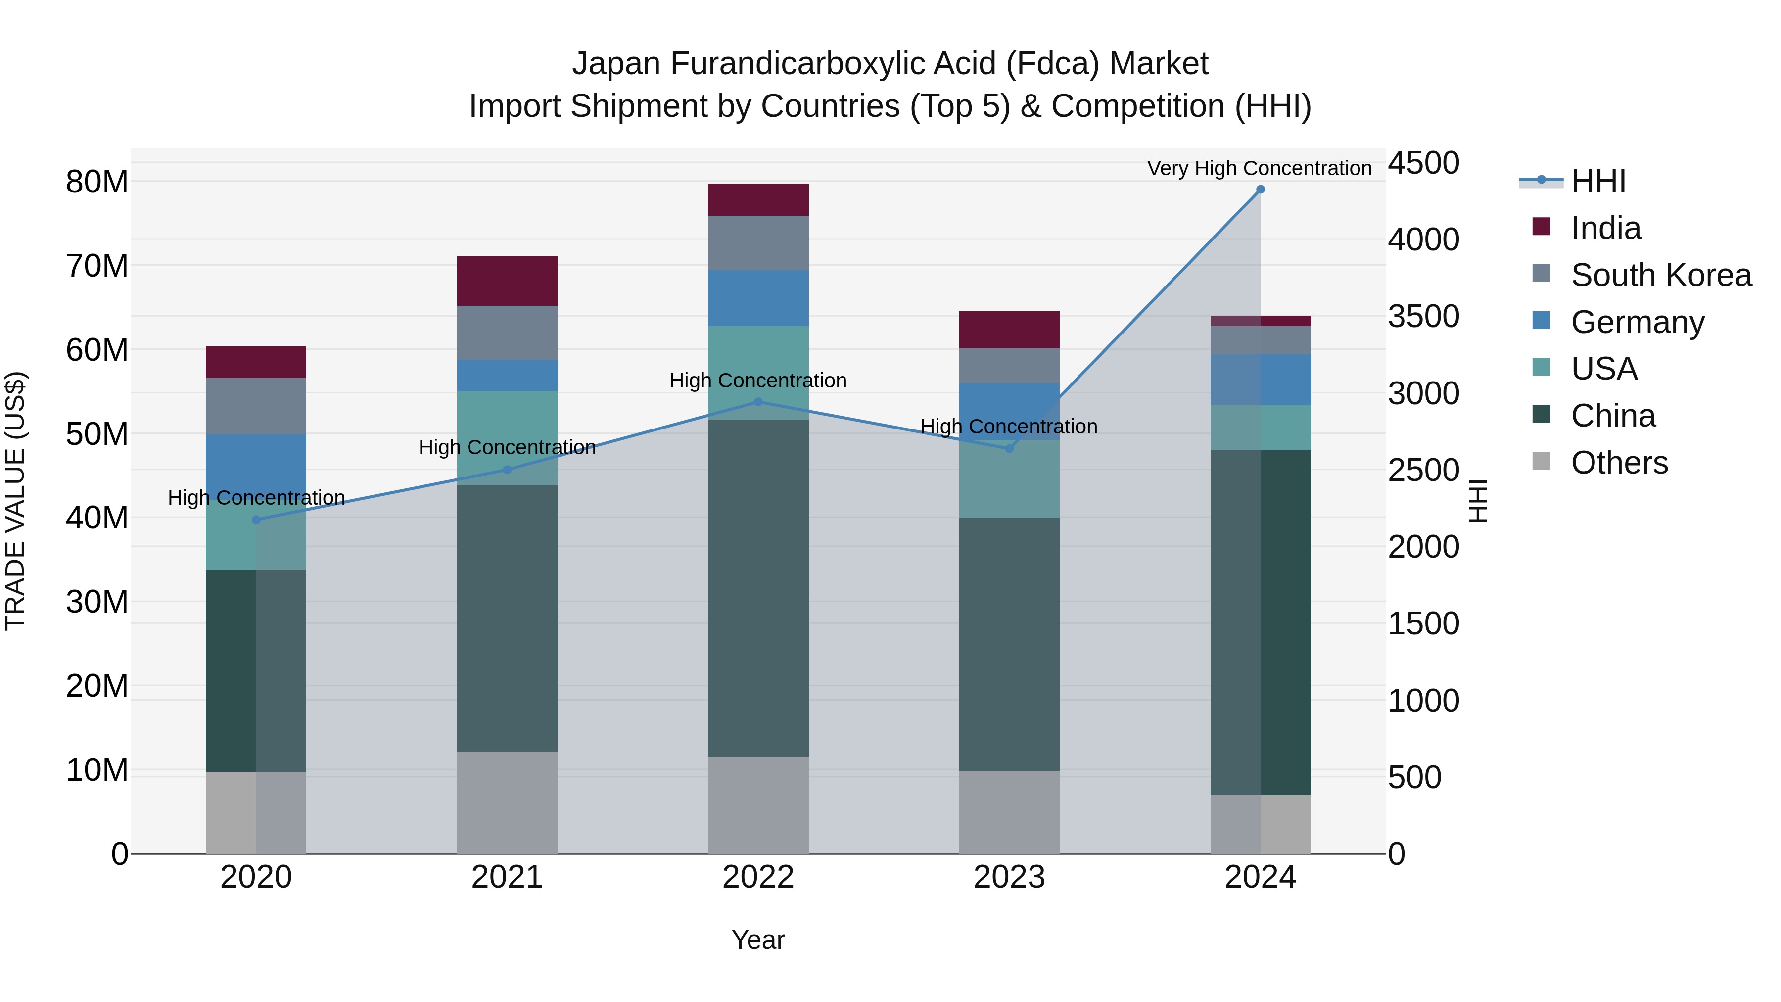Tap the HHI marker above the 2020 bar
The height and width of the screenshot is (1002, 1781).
pos(256,520)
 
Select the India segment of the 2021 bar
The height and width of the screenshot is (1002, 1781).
pos(507,281)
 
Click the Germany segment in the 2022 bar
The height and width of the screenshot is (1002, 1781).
pos(758,298)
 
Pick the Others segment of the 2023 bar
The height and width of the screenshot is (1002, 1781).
pos(1009,812)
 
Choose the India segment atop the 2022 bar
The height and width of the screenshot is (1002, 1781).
pos(758,200)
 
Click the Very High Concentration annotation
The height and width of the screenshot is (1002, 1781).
pos(1259,168)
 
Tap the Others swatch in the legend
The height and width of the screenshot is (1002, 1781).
pos(1541,461)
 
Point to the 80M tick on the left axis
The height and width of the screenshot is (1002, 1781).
pos(97,182)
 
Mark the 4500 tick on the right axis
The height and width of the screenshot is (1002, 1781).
pos(1423,163)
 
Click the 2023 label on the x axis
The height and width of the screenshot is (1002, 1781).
pos(1009,877)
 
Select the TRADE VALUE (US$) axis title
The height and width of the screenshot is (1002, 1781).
pos(16,501)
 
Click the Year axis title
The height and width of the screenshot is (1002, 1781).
pos(758,940)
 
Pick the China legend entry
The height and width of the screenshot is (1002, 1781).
pos(1613,416)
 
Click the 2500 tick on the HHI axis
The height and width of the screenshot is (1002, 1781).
pos(1423,470)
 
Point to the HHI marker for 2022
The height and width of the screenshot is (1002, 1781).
pos(758,402)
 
